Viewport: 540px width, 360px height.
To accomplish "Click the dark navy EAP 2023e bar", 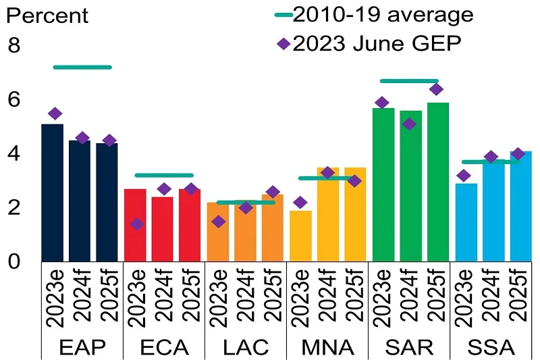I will point(53,192).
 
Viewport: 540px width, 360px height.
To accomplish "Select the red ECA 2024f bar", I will point(162,228).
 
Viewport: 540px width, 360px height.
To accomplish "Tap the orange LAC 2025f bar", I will point(272,228).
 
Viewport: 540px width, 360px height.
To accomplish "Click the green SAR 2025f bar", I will point(437,182).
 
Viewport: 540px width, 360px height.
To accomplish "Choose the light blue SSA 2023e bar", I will point(466,222).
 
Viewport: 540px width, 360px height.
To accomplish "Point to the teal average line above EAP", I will point(82,67).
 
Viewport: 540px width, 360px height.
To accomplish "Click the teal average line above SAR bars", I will point(409,81).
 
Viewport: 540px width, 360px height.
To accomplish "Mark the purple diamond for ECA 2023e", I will point(136,224).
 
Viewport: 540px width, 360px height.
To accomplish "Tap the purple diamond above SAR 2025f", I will point(437,89).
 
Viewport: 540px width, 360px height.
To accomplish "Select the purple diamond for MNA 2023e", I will point(300,202).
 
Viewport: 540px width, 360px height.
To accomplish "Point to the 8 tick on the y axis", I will point(14,46).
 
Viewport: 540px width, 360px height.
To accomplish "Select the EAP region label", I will point(81,347).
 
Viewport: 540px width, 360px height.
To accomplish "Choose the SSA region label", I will point(492,347).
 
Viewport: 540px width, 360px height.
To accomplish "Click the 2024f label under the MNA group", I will point(327,298).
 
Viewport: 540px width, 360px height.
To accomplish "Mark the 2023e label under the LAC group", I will point(217,298).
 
